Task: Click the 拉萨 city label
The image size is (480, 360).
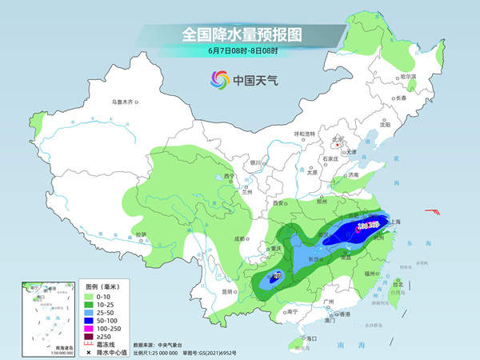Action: coord(141,234)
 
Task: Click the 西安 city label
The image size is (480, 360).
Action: coord(280,204)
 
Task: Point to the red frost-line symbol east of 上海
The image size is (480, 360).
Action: coord(432,212)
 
